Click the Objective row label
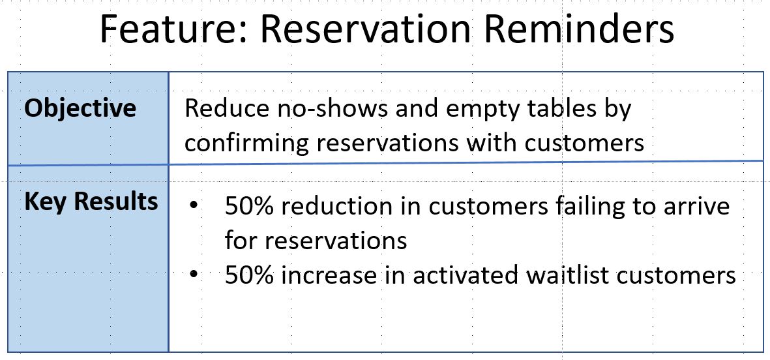[x=80, y=108]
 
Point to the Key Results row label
[x=91, y=202]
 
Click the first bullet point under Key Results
[x=194, y=205]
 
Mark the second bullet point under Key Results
[x=194, y=275]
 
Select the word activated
[x=465, y=275]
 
